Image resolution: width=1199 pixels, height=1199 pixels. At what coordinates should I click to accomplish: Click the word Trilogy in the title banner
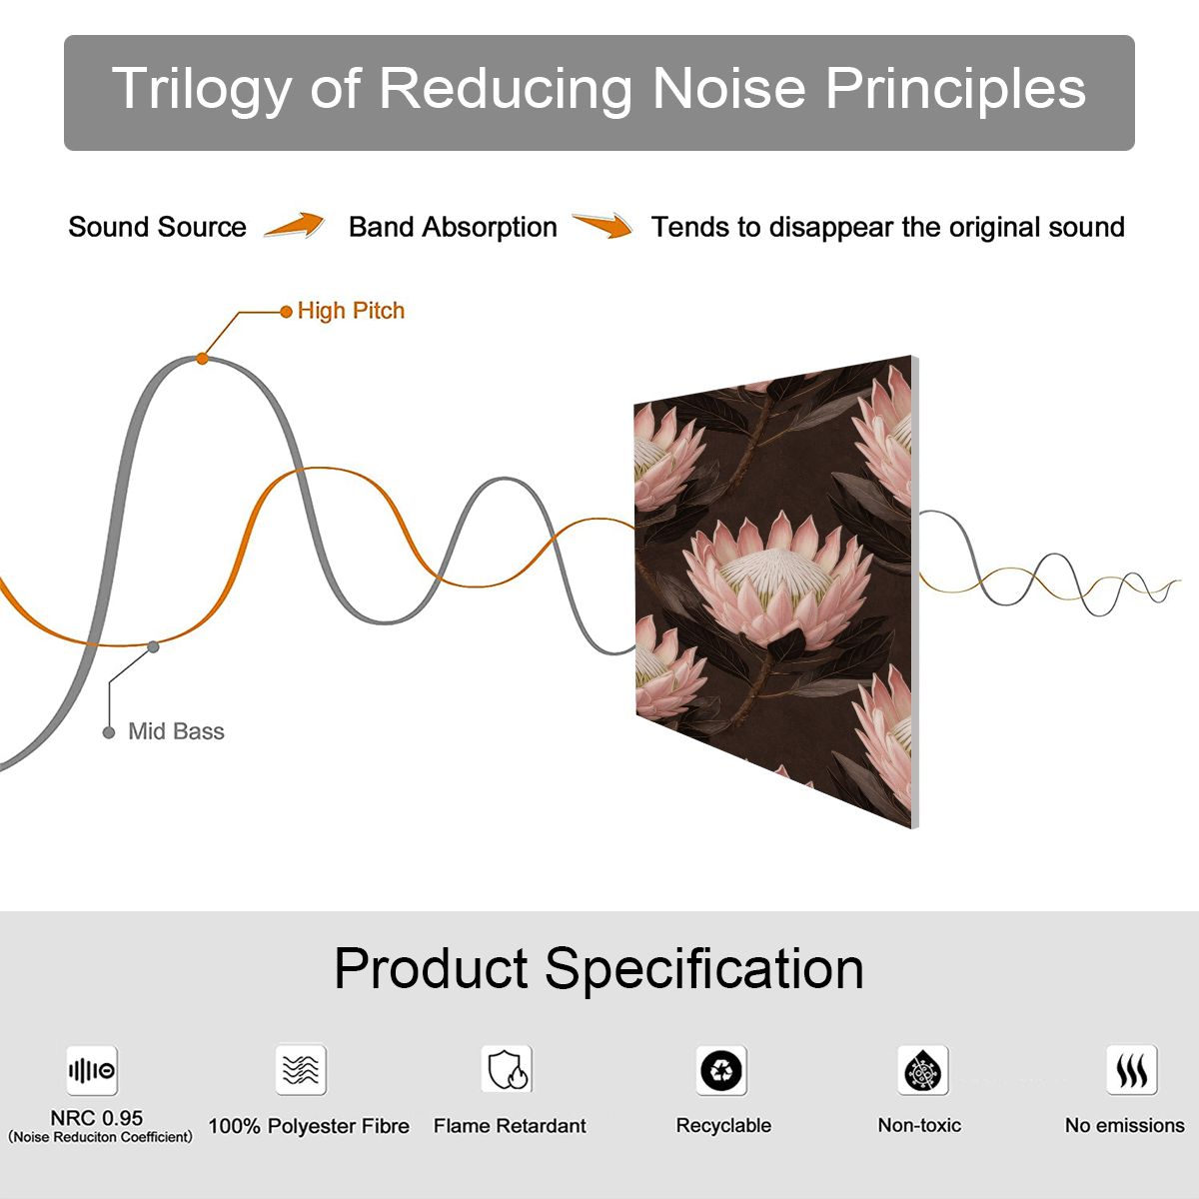[202, 89]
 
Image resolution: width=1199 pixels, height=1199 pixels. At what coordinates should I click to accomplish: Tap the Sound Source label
[158, 227]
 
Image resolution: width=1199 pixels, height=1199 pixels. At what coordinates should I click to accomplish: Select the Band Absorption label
[453, 227]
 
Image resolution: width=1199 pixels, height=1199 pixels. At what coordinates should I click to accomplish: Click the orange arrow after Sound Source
[295, 225]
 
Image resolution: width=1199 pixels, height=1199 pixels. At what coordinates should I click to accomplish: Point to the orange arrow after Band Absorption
[602, 225]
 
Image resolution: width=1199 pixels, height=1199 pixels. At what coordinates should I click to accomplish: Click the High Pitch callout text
[351, 311]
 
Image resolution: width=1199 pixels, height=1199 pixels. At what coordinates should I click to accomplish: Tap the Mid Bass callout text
[176, 731]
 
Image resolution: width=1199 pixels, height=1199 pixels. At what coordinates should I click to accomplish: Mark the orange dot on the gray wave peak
[202, 359]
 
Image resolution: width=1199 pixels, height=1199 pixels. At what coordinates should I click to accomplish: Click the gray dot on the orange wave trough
[153, 647]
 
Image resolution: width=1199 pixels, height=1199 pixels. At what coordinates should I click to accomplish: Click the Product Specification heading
[599, 969]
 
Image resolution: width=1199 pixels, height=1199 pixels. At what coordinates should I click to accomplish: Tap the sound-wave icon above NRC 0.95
[92, 1070]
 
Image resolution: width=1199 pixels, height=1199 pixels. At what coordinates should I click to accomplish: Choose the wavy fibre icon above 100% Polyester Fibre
[301, 1069]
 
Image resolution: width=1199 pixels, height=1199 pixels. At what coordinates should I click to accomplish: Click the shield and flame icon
[508, 1069]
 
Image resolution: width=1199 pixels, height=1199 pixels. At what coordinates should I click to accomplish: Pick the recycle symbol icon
[721, 1070]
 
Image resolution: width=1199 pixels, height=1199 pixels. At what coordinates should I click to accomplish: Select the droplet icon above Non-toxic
[923, 1070]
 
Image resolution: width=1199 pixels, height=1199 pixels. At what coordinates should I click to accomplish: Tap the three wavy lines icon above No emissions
[1132, 1069]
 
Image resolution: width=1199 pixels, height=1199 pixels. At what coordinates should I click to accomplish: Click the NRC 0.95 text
[97, 1118]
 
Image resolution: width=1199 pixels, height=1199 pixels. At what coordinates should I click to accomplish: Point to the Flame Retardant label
[510, 1126]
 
